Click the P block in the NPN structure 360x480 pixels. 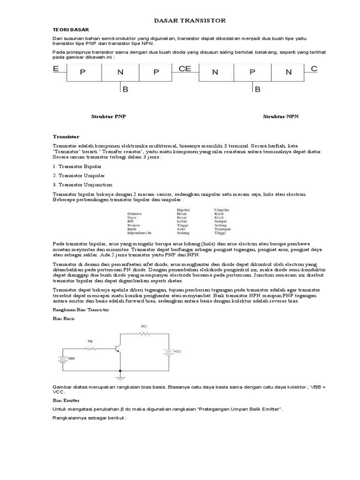252,72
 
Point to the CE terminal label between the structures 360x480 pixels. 185,69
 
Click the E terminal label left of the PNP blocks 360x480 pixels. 56,69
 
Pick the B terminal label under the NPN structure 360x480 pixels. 257,89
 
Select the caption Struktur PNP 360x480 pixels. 108,116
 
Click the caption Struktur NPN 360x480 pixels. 280,116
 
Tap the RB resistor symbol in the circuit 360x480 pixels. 90,349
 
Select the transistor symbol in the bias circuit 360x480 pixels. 119,349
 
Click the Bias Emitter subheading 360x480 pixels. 66,401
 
